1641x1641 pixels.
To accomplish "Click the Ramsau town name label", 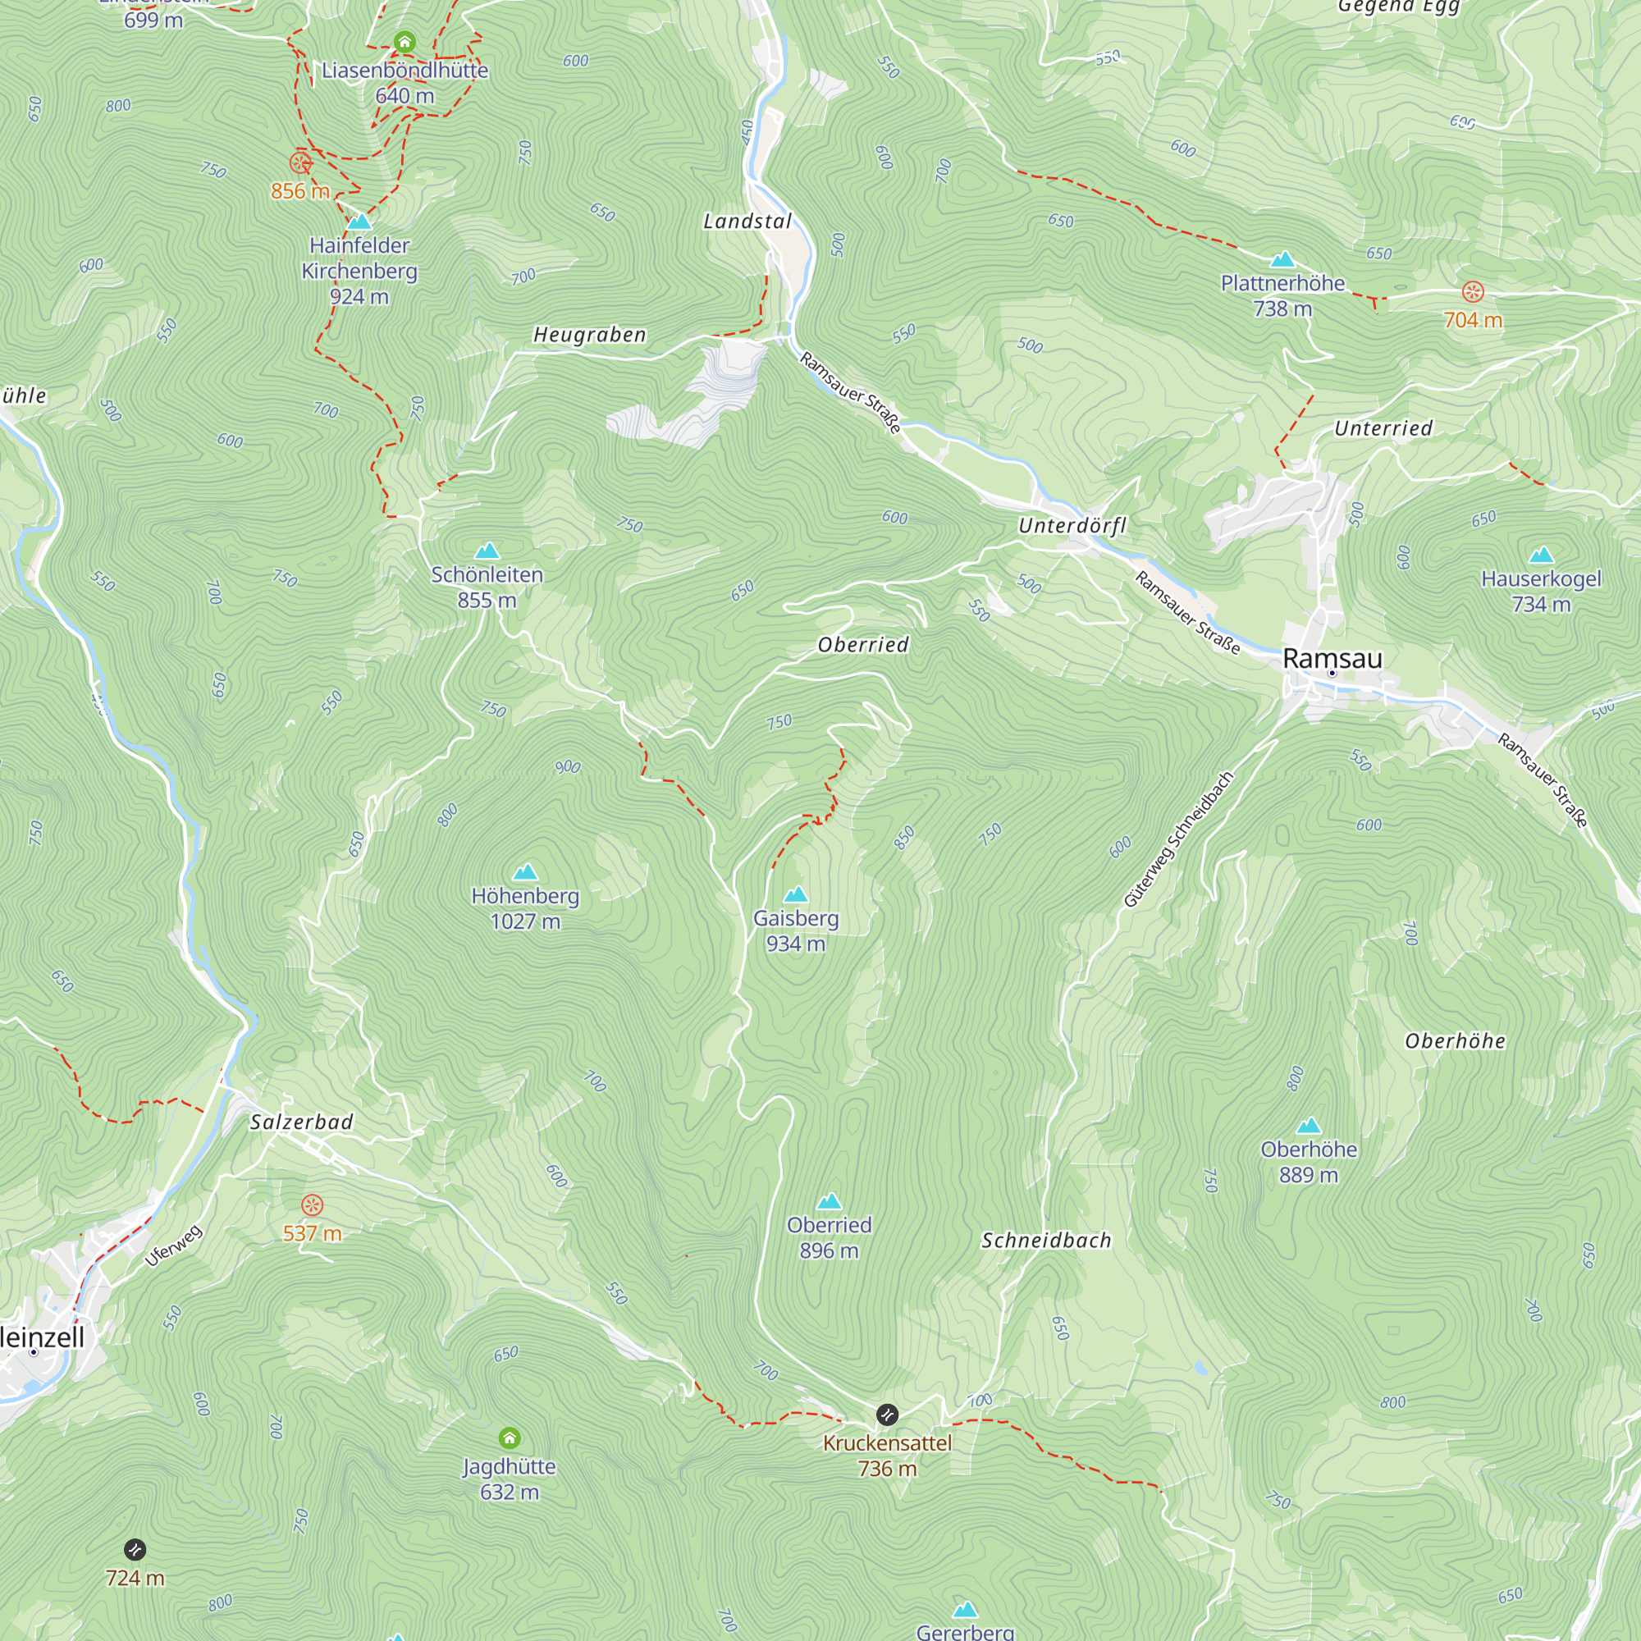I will click(1332, 658).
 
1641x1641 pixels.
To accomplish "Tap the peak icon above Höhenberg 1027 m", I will click(526, 872).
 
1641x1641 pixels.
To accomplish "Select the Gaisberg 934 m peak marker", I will click(796, 894).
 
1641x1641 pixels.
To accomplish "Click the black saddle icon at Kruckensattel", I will click(887, 1415).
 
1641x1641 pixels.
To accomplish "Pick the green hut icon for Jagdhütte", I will click(510, 1438).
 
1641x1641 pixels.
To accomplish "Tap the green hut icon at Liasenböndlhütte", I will click(405, 42).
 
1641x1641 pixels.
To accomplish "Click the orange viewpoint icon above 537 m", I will click(313, 1204).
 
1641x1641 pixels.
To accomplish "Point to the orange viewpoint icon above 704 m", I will click(1473, 292).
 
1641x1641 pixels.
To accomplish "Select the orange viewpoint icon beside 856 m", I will click(300, 163).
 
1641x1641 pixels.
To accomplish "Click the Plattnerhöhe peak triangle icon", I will click(1282, 259).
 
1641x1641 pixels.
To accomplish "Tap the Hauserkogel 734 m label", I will click(1541, 591).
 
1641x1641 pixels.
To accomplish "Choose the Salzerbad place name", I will click(301, 1122).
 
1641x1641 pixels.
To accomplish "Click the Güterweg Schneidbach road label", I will click(1178, 839).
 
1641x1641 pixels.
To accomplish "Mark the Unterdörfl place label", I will click(1072, 526).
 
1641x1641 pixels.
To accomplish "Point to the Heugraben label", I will click(590, 335).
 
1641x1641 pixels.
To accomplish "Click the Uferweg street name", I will click(174, 1246).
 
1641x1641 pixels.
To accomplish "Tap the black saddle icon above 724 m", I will click(135, 1550).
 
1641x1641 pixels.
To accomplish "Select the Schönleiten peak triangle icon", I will click(487, 551).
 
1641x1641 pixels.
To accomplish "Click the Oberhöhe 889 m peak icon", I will click(1308, 1127).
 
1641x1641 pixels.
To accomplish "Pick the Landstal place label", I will click(747, 222).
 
